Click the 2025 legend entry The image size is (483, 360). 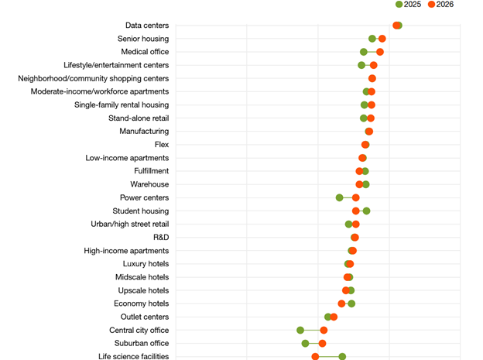click(408, 5)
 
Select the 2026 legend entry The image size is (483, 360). click(441, 5)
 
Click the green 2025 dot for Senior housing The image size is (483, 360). click(372, 39)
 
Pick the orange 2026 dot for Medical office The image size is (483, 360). click(380, 52)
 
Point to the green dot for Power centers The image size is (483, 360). click(340, 197)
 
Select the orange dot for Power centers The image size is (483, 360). click(356, 197)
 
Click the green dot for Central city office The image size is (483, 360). click(300, 331)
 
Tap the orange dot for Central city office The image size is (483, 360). click(324, 331)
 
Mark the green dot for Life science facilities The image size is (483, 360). click(342, 357)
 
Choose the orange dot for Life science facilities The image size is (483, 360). click(315, 357)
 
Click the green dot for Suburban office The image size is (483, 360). click(305, 344)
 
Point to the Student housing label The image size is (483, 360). click(140, 211)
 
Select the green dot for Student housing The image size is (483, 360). click(367, 211)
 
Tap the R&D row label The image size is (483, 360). click(160, 238)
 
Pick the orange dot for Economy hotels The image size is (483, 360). click(341, 303)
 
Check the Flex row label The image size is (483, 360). click(161, 145)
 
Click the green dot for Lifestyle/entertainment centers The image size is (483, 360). click(361, 65)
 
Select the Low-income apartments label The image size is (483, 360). click(127, 158)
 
